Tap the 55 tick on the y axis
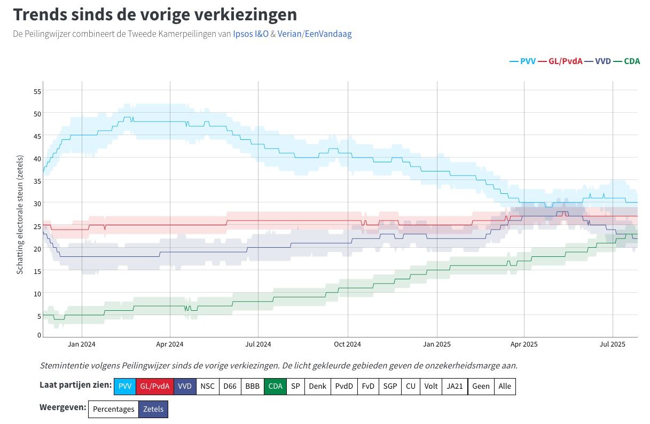pos(37,91)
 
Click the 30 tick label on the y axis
pos(37,203)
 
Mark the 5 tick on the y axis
pos(38,316)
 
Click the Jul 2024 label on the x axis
pos(258,344)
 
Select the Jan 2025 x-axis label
pos(437,344)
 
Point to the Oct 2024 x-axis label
pos(347,344)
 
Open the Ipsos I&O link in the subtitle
pos(250,34)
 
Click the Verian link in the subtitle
pos(289,34)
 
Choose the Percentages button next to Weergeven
pos(113,410)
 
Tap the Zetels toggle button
pos(153,410)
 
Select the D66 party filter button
pos(230,386)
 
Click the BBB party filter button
pos(252,386)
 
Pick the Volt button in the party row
pos(431,386)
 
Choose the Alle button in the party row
pos(504,386)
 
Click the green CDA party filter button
pos(275,386)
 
